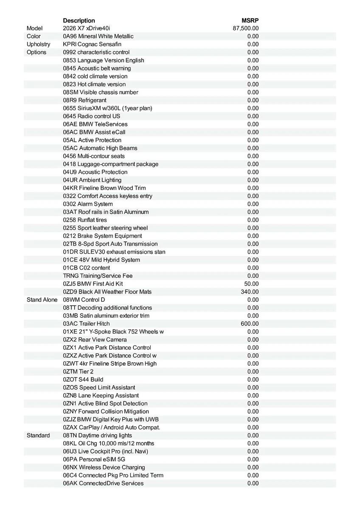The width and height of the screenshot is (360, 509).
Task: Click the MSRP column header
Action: click(250, 20)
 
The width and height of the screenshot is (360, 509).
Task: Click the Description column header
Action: click(79, 20)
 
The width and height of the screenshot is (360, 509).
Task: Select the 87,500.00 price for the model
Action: click(246, 28)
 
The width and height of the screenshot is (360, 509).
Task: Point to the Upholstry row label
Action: click(38, 44)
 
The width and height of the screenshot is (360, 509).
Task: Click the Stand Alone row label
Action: click(42, 300)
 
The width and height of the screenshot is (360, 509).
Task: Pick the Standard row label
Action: click(38, 436)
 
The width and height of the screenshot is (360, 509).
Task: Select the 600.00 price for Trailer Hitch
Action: click(250, 324)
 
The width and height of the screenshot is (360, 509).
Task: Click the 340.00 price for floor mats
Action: click(250, 292)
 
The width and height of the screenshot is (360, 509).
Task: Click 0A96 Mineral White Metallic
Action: click(98, 36)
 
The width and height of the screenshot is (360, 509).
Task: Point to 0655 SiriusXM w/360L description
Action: click(107, 108)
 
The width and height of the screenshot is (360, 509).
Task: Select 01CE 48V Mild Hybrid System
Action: click(101, 260)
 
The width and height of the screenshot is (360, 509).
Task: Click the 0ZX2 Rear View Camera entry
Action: click(95, 340)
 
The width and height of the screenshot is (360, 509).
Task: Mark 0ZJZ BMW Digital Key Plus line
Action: click(111, 420)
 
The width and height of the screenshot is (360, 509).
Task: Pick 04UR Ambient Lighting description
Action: click(92, 180)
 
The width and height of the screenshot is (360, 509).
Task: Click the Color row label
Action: click(34, 36)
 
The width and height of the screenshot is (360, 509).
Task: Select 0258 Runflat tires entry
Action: click(85, 220)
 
